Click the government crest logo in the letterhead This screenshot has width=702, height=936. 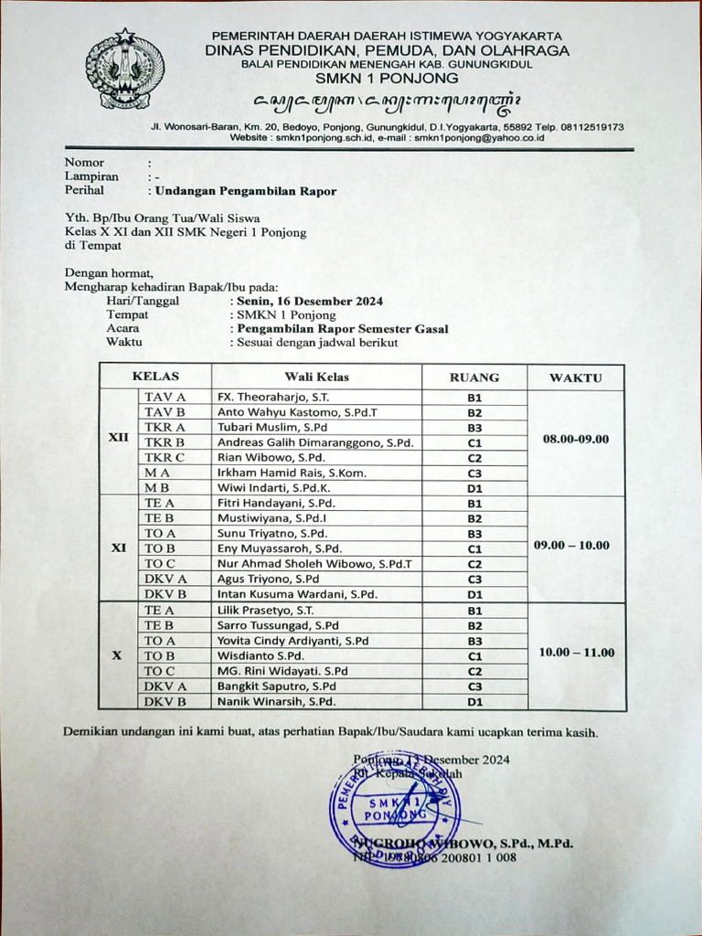124,69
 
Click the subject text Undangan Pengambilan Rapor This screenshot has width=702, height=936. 245,191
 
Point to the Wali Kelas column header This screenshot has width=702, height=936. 316,377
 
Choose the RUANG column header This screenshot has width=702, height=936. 474,377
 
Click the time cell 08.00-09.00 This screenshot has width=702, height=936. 576,439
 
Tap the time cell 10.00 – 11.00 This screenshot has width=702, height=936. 576,653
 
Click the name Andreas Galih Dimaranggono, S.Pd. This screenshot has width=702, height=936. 315,442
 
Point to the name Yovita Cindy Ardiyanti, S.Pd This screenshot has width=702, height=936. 292,641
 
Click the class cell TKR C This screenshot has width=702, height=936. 165,457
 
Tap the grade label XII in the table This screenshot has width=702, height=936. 119,438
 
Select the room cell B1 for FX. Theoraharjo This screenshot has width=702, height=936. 474,398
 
